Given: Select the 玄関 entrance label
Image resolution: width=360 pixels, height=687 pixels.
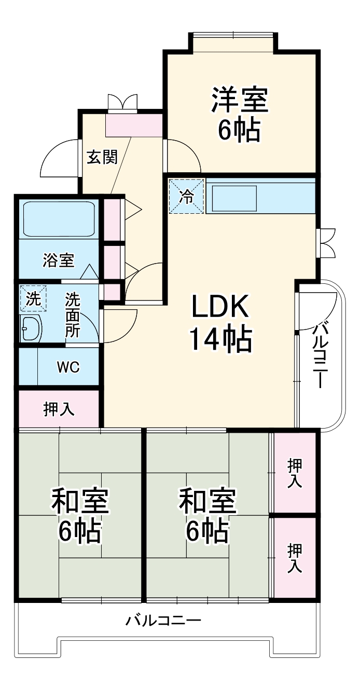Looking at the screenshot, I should pos(102,157).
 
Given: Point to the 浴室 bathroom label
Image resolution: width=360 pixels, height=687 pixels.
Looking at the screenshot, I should pos(58,259).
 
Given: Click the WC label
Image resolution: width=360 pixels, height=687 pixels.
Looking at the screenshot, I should pos(68,367).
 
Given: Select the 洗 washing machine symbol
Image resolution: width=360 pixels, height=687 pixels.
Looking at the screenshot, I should pos(33,299).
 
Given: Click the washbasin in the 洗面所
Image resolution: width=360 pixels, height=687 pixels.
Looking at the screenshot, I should pos(31,328).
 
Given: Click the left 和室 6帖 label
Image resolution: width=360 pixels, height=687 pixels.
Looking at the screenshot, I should pos(79,515).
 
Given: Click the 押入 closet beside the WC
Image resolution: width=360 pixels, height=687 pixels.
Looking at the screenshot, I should pos(59,409).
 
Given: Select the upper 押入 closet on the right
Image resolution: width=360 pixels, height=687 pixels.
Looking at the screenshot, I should pos(294,473).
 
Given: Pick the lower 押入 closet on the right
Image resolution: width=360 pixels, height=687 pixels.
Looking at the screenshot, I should pos(294,557).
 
